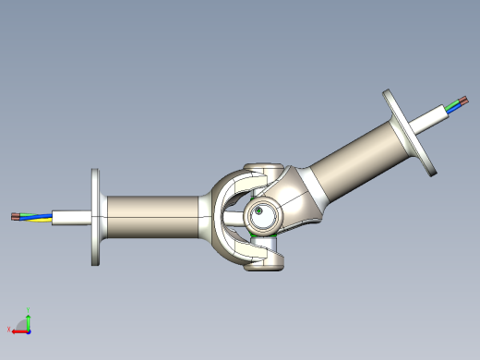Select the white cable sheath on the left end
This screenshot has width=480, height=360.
click(70, 218)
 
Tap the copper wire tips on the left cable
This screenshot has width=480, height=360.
click(14, 217)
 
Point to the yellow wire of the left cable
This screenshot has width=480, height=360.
click(37, 221)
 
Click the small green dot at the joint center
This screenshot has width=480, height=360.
click(261, 212)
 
